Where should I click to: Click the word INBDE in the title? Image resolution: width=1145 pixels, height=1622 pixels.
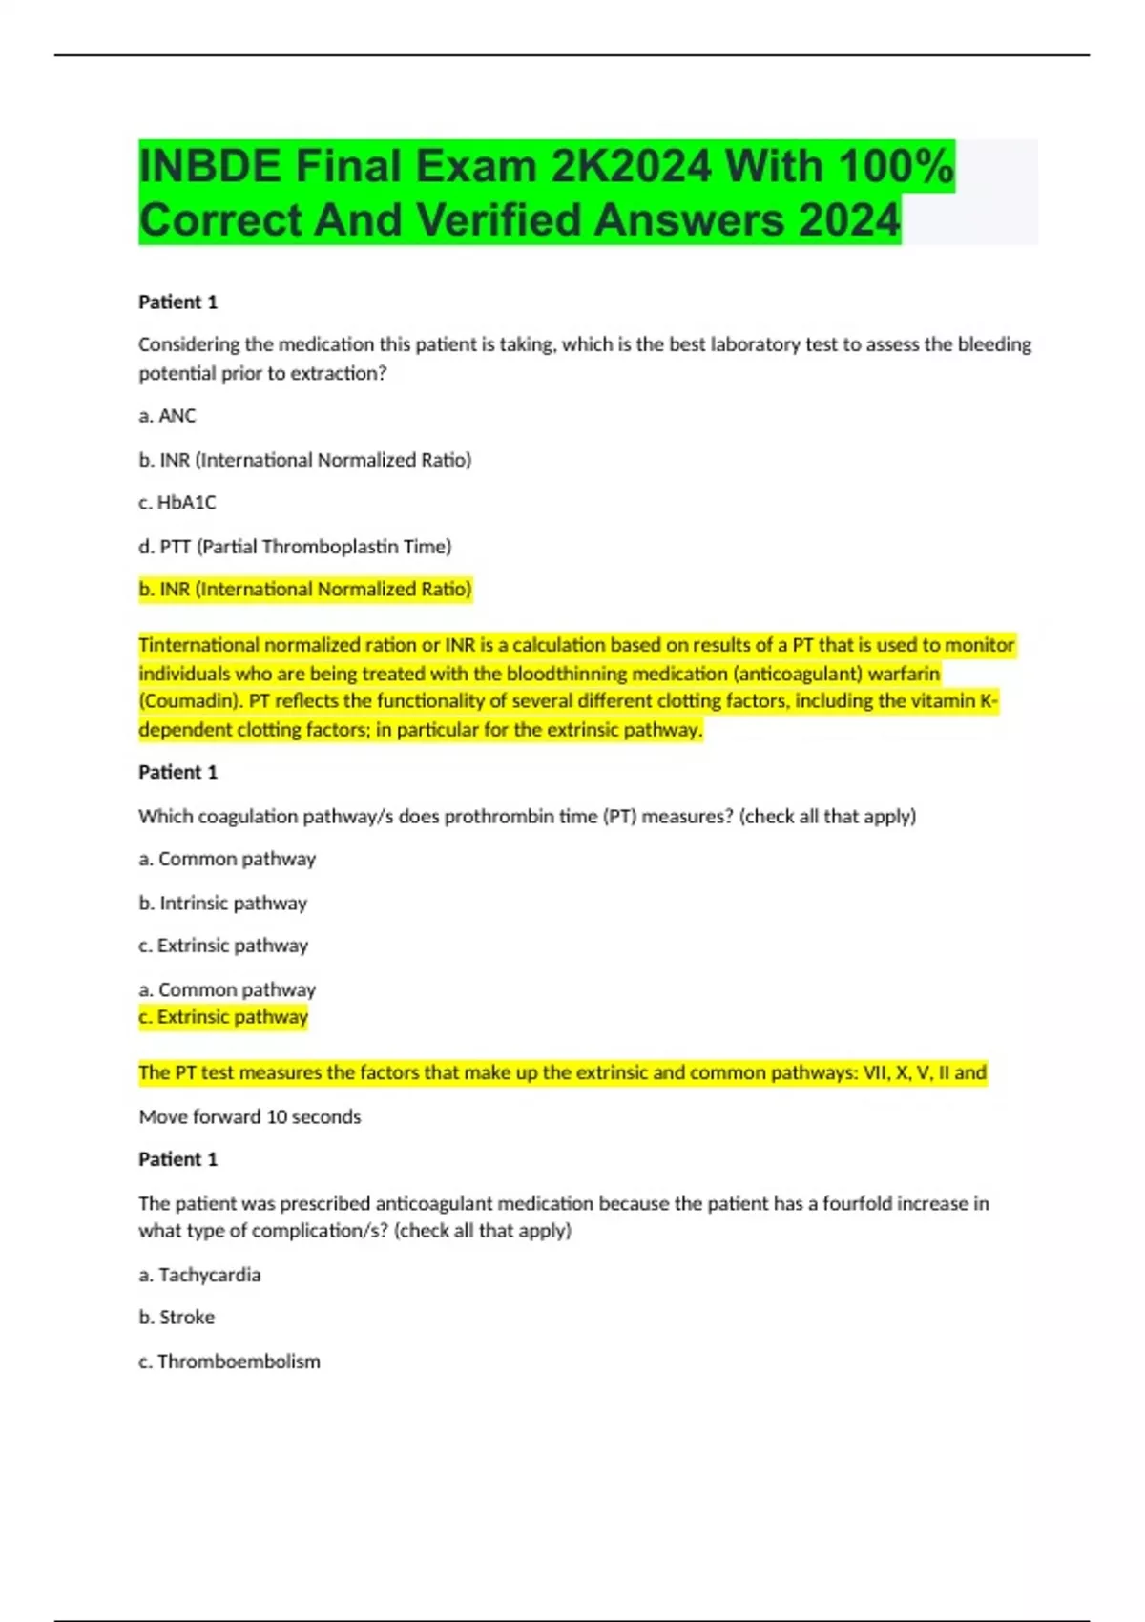(210, 167)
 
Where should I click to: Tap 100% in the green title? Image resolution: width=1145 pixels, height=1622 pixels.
(896, 167)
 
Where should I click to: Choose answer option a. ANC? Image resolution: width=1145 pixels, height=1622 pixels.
(167, 416)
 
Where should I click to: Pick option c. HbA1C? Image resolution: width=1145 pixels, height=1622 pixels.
(177, 502)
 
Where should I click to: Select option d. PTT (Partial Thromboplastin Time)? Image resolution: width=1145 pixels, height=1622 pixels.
(295, 547)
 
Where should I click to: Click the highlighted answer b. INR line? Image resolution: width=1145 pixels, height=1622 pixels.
(305, 590)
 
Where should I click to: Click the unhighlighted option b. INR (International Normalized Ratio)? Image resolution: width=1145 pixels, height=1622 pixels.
(305, 460)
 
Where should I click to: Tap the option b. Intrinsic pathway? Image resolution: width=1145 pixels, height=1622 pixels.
(223, 903)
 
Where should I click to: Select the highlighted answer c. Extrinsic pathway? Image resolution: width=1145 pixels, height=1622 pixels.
(223, 1017)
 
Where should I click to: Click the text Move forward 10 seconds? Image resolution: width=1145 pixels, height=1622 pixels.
(250, 1116)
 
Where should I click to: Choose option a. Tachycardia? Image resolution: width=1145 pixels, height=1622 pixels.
(199, 1275)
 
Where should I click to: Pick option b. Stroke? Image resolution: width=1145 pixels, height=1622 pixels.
(177, 1318)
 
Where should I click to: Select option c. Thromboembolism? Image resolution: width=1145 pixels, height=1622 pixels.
(229, 1362)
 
